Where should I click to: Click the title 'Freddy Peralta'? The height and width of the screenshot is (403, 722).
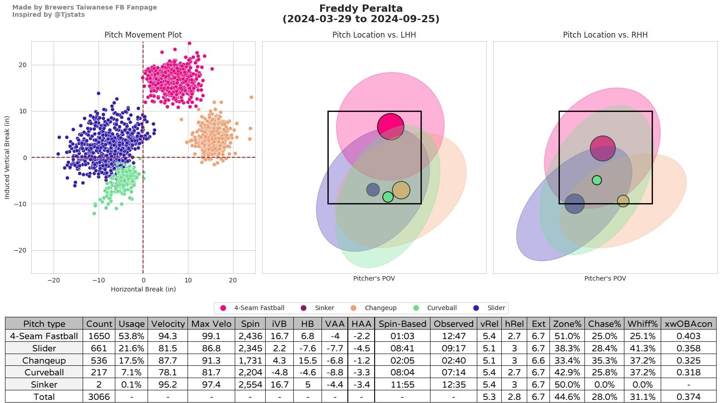click(361, 9)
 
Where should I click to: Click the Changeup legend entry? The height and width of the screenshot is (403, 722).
click(380, 308)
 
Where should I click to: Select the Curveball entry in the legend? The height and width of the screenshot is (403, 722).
click(441, 308)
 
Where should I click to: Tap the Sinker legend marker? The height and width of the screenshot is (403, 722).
click(303, 308)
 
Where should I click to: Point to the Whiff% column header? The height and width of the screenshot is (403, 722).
click(642, 324)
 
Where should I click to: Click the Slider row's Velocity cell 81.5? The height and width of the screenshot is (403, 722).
click(168, 348)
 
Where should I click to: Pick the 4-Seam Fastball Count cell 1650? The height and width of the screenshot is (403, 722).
click(99, 336)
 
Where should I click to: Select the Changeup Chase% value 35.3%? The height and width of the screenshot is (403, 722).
click(604, 360)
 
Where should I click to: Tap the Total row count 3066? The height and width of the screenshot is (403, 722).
click(99, 397)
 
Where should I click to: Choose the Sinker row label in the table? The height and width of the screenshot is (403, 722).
click(44, 384)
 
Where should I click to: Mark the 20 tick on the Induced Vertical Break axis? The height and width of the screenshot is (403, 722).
click(23, 65)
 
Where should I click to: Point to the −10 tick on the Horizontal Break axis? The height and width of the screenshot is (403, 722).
click(99, 280)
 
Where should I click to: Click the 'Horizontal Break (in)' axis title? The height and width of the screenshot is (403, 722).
click(143, 289)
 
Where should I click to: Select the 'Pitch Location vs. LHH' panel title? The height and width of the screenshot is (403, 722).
click(374, 35)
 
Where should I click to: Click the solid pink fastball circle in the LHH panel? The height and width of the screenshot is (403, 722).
click(391, 126)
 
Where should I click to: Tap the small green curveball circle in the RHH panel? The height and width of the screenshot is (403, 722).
click(597, 180)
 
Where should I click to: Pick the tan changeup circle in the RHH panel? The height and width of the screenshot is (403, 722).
click(623, 201)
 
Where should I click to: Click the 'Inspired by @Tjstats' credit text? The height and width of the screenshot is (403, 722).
click(48, 15)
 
